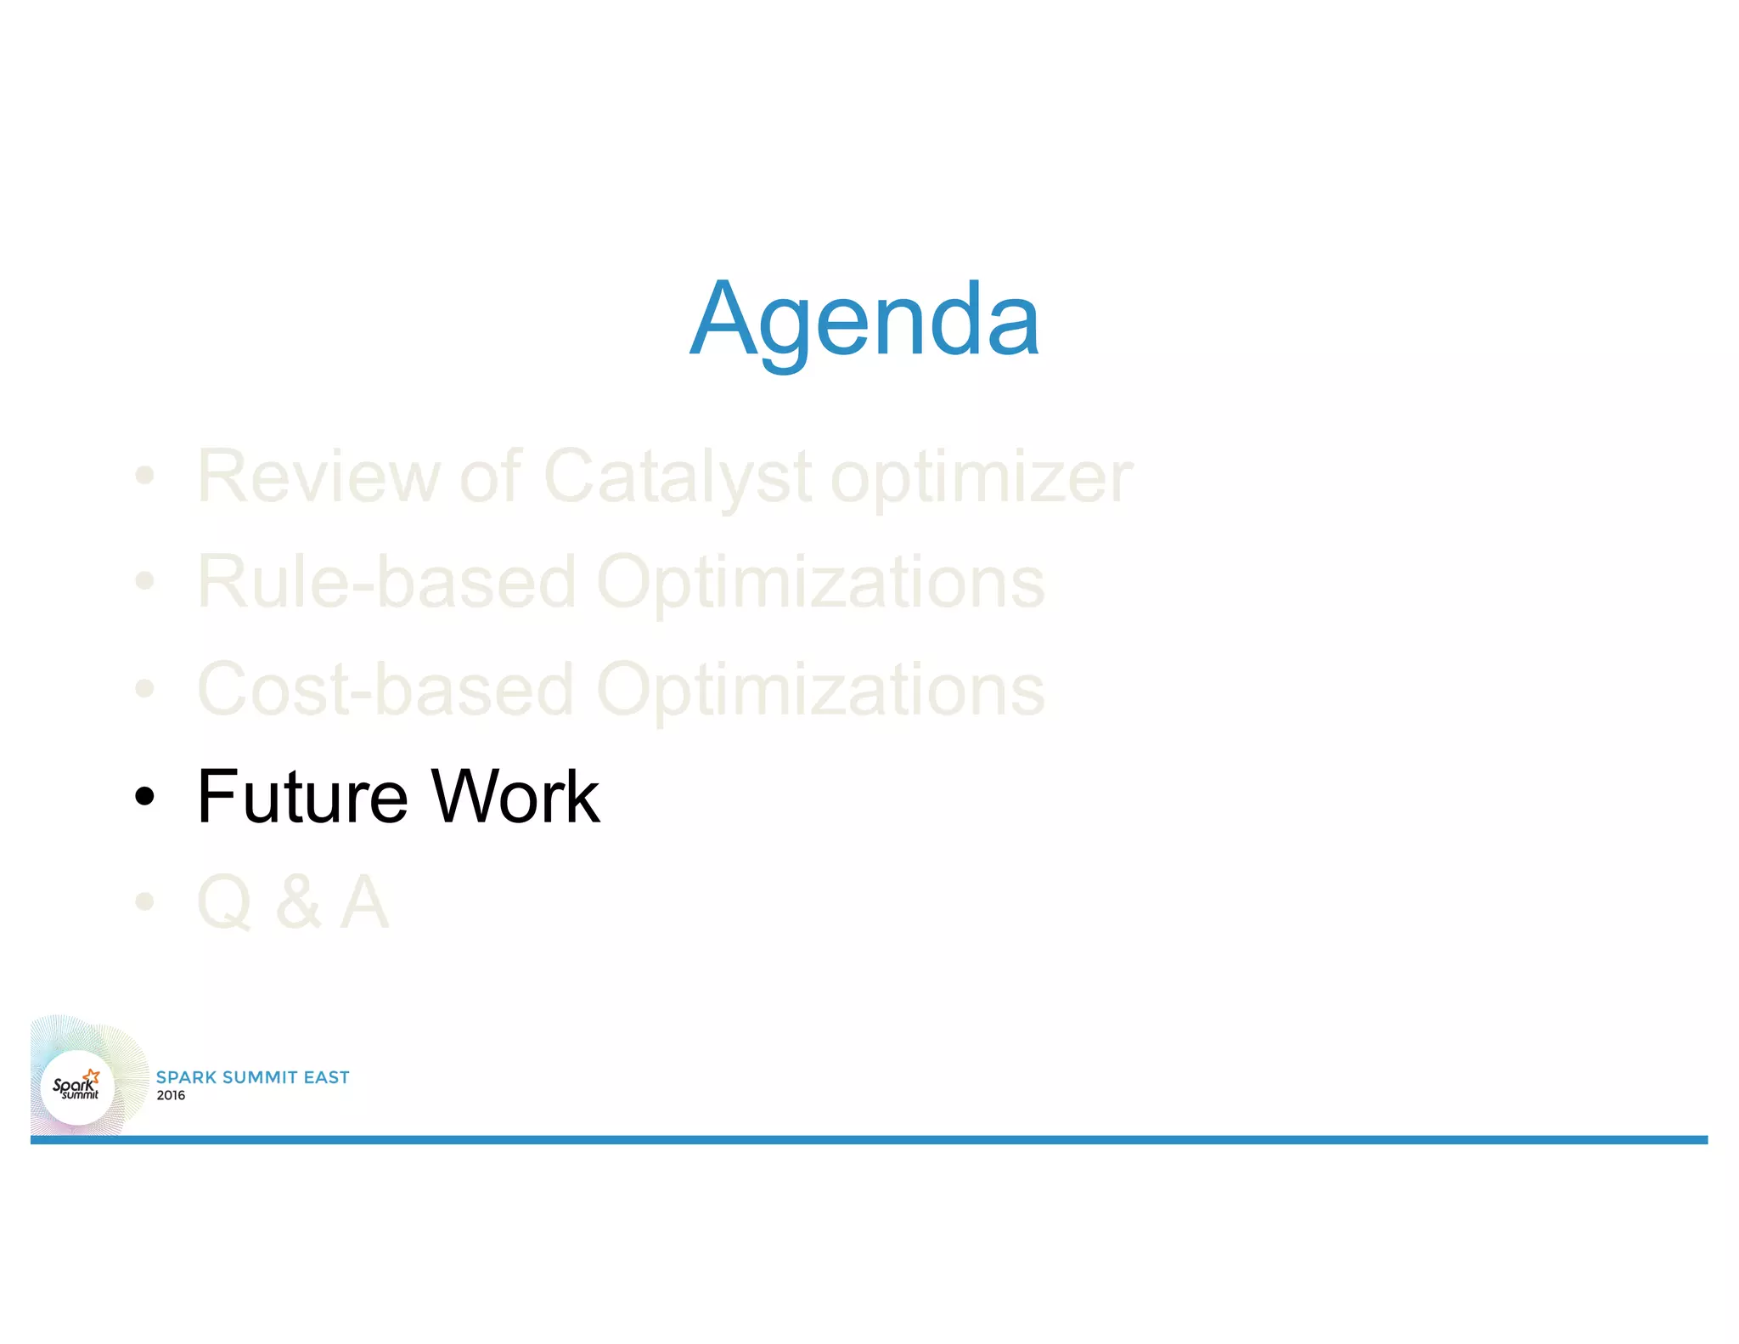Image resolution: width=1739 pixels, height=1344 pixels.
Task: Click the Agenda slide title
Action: click(x=864, y=320)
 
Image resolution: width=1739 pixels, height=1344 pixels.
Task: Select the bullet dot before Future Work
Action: click(x=145, y=797)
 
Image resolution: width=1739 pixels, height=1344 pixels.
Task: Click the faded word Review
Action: click(x=318, y=477)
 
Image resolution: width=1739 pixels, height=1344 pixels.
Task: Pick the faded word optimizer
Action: click(x=981, y=478)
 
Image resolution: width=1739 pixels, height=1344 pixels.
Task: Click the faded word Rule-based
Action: click(x=386, y=582)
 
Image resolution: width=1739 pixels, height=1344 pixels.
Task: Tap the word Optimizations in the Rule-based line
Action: click(x=820, y=584)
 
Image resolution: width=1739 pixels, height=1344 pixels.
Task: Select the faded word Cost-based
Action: click(x=386, y=689)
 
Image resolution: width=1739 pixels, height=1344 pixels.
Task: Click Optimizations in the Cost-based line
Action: click(x=820, y=691)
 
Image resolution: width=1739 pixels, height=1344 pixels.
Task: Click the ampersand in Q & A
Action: click(x=298, y=902)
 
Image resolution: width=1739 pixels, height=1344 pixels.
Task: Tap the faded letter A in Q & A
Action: click(x=364, y=902)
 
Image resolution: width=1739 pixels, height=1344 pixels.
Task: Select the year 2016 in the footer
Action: click(x=171, y=1095)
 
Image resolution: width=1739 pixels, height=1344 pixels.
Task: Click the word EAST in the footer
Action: click(x=326, y=1077)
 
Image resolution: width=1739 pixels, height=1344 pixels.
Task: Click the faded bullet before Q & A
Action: click(x=145, y=901)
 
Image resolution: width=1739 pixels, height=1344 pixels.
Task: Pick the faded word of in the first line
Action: click(x=490, y=477)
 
